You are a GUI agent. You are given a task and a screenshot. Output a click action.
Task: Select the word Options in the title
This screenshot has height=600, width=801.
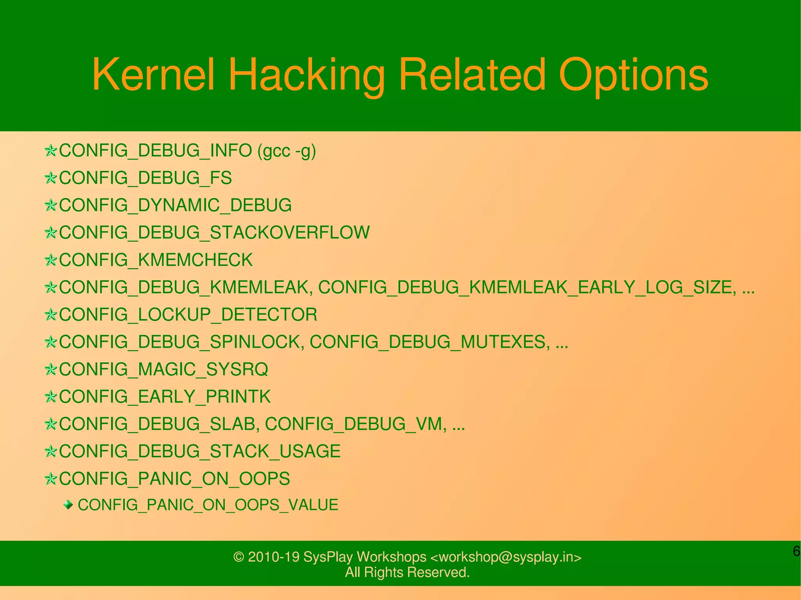pyautogui.click(x=633, y=74)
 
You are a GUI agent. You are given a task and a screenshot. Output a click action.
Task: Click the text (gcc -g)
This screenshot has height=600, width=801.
pyautogui.click(x=286, y=151)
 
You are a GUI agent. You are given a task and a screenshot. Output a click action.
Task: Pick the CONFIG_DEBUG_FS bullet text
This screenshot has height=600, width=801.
pyautogui.click(x=145, y=178)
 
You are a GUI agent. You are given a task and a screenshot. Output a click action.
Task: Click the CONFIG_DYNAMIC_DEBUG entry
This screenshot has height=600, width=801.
pyautogui.click(x=175, y=205)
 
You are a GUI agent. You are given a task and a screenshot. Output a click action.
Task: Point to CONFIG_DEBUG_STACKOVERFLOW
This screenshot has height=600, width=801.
pyautogui.click(x=214, y=233)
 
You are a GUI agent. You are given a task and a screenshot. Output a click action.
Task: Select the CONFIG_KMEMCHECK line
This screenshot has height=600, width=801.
pyautogui.click(x=156, y=260)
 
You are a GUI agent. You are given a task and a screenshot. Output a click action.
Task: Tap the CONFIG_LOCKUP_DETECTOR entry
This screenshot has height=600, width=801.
pyautogui.click(x=188, y=315)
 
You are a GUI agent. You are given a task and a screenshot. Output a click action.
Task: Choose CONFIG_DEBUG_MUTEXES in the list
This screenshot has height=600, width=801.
pyautogui.click(x=427, y=342)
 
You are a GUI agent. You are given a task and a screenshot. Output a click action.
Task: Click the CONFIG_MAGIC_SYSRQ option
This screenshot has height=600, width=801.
pyautogui.click(x=163, y=369)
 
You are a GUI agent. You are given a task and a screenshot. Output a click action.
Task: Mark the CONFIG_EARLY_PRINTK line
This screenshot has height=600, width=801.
pyautogui.click(x=165, y=397)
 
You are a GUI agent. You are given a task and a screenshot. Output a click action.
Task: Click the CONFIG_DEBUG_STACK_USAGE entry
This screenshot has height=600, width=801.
pyautogui.click(x=199, y=451)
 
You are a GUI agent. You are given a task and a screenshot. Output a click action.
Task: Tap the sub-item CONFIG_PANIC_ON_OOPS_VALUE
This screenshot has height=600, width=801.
pyautogui.click(x=208, y=505)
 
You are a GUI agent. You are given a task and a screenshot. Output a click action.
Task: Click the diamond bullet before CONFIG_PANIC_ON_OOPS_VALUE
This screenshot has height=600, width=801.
pyautogui.click(x=68, y=505)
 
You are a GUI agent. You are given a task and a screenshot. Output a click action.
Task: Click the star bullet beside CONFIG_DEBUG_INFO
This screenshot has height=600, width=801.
pyautogui.click(x=50, y=151)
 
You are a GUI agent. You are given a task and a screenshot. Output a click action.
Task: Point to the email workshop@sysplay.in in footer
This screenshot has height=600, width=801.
pyautogui.click(x=505, y=557)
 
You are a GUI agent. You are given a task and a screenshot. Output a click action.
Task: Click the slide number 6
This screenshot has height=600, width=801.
pyautogui.click(x=796, y=551)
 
